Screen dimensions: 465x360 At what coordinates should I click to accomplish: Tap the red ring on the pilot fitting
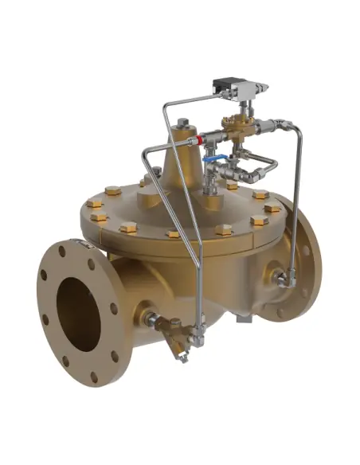click(196, 139)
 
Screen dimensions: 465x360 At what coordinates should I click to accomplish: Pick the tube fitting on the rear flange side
click(281, 279)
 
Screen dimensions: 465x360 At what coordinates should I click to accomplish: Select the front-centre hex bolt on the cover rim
click(174, 234)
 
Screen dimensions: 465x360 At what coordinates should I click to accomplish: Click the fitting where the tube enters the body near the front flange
click(150, 320)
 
